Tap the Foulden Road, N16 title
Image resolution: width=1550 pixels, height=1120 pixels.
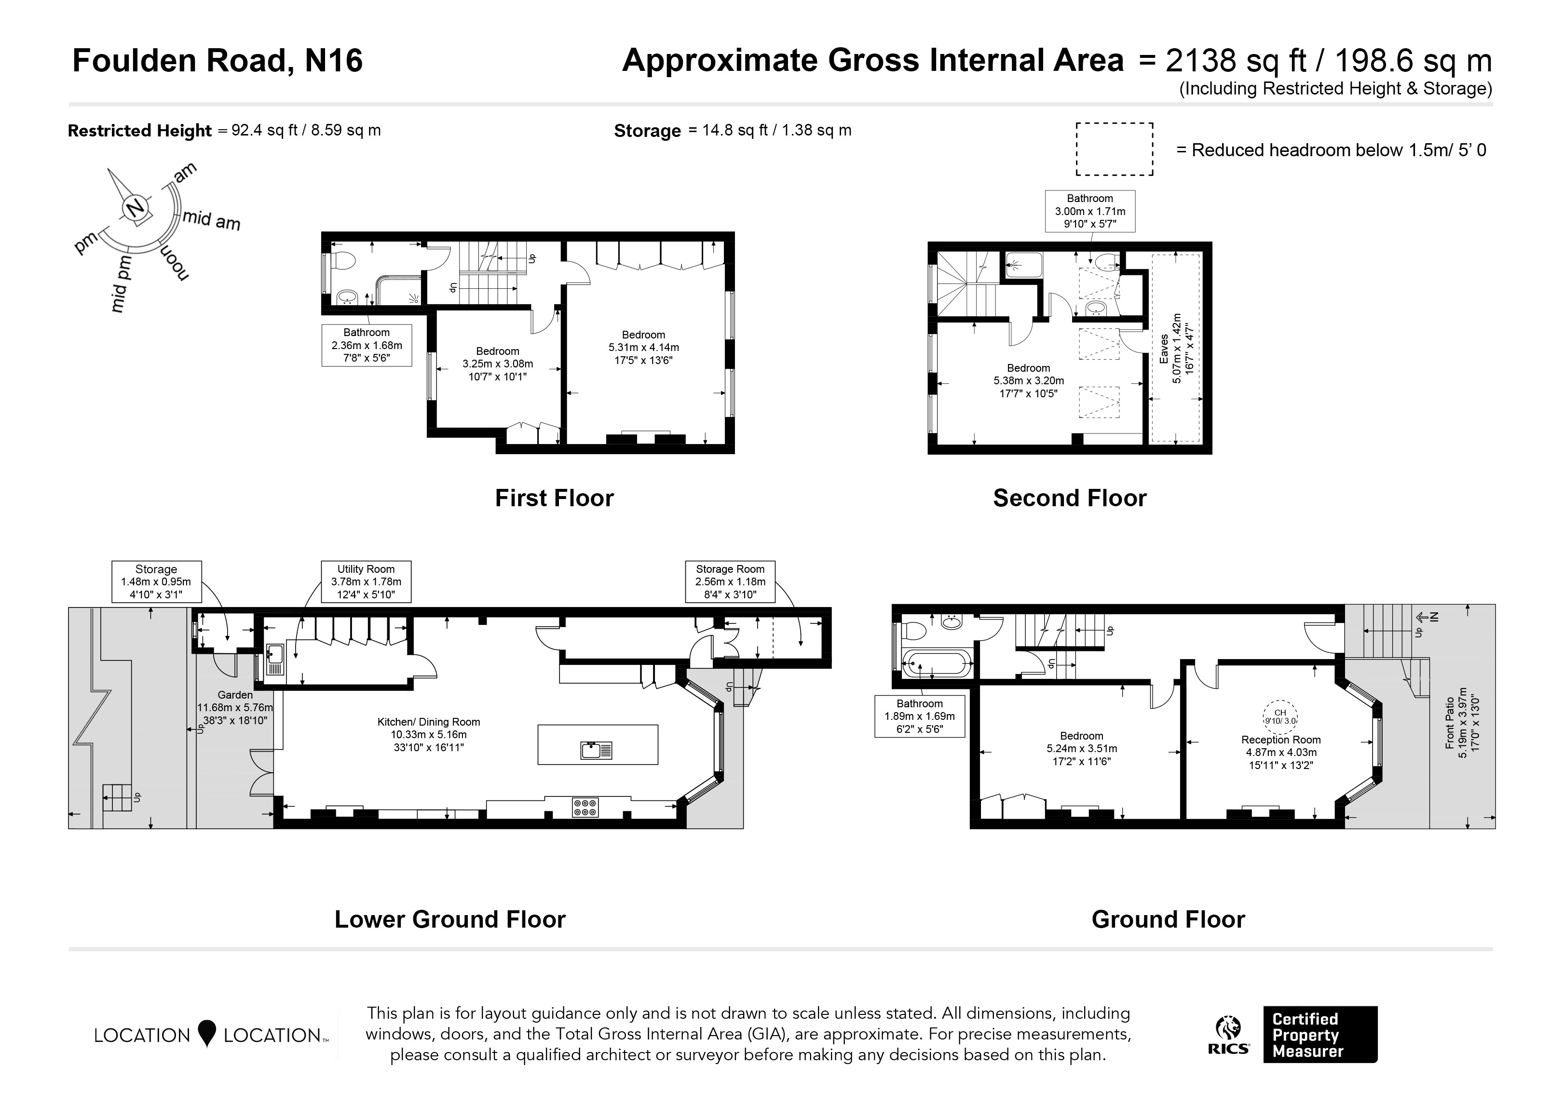point(218,60)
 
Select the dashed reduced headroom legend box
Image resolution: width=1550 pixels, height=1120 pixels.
point(1115,149)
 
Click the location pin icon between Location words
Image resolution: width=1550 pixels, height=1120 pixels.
point(206,1033)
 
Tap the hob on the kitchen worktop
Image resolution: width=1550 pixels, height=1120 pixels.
point(585,807)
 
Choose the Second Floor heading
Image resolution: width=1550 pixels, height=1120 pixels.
point(1070,498)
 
